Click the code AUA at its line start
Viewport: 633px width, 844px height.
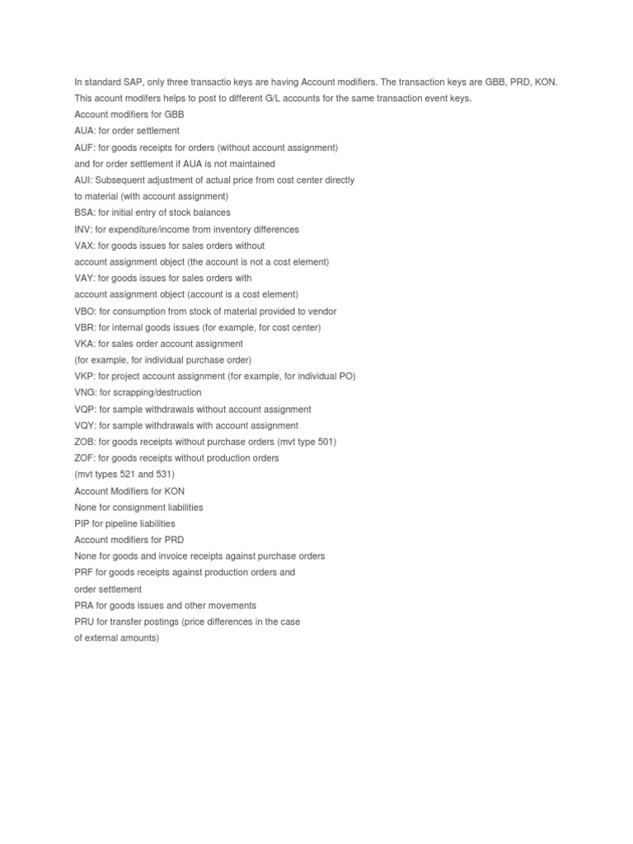84,131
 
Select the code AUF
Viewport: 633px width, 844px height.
84,148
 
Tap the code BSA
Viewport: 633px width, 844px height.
84,213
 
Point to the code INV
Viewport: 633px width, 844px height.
83,229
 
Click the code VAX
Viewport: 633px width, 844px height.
84,246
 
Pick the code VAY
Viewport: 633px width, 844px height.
84,279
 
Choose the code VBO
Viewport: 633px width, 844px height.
85,312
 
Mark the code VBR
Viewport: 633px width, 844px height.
85,327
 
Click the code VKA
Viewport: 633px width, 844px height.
84,344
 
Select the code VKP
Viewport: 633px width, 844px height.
84,377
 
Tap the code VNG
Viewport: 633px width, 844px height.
85,392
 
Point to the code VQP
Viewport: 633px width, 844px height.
85,410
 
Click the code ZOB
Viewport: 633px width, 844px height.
85,442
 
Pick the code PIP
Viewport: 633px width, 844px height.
82,523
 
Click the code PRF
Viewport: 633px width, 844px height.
83,573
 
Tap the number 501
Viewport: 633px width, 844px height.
325,442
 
